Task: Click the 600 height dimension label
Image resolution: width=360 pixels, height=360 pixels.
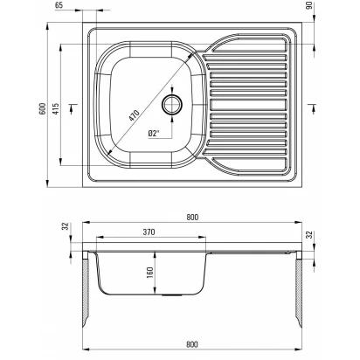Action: [43, 108]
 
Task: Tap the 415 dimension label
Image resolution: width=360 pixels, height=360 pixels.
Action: [55, 108]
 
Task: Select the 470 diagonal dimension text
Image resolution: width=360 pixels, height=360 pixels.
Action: [135, 115]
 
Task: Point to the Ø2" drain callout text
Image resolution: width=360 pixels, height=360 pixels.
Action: [154, 134]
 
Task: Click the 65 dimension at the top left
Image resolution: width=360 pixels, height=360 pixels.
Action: [59, 5]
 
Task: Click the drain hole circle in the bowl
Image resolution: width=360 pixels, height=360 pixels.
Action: [172, 105]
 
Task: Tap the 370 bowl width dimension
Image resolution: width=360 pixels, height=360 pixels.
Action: [149, 232]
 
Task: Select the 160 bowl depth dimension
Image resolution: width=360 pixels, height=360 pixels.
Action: [149, 273]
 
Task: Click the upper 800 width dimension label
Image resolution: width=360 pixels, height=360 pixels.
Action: [192, 217]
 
